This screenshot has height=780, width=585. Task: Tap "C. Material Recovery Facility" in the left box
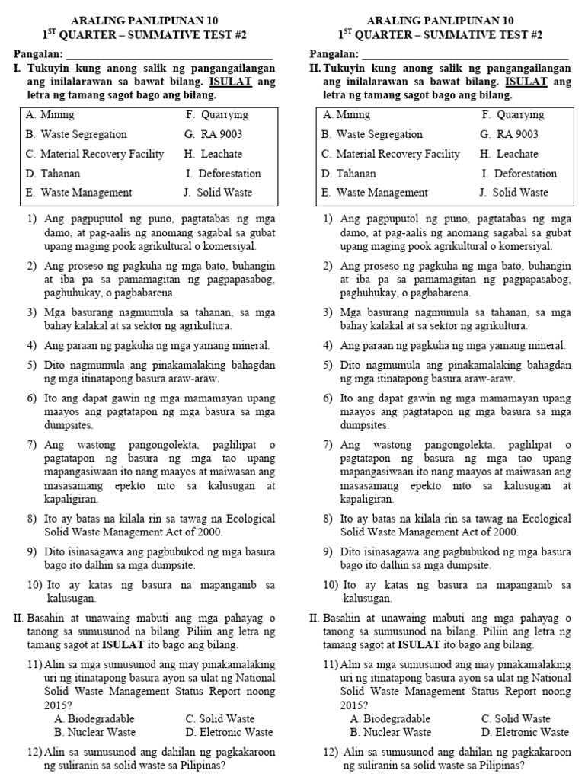94,154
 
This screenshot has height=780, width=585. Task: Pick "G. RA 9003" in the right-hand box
508,134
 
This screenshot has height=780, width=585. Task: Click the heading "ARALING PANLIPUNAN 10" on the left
144,21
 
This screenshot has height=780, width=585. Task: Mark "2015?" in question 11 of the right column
354,705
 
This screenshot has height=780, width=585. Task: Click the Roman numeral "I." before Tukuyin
18,68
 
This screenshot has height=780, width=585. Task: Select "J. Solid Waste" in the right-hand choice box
513,193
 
